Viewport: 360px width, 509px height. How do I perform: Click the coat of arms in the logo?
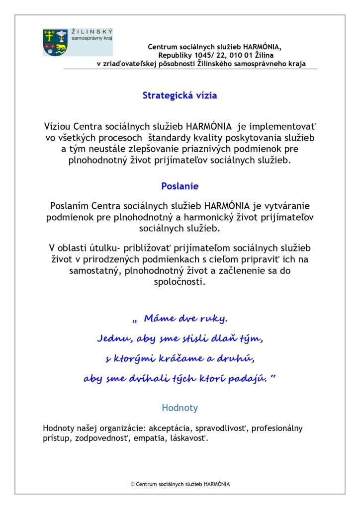point(54,42)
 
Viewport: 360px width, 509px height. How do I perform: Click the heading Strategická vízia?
point(180,96)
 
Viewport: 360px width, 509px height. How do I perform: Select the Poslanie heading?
point(180,186)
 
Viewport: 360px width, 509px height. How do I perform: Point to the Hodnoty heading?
point(180,408)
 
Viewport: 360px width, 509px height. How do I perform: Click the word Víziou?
point(59,126)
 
